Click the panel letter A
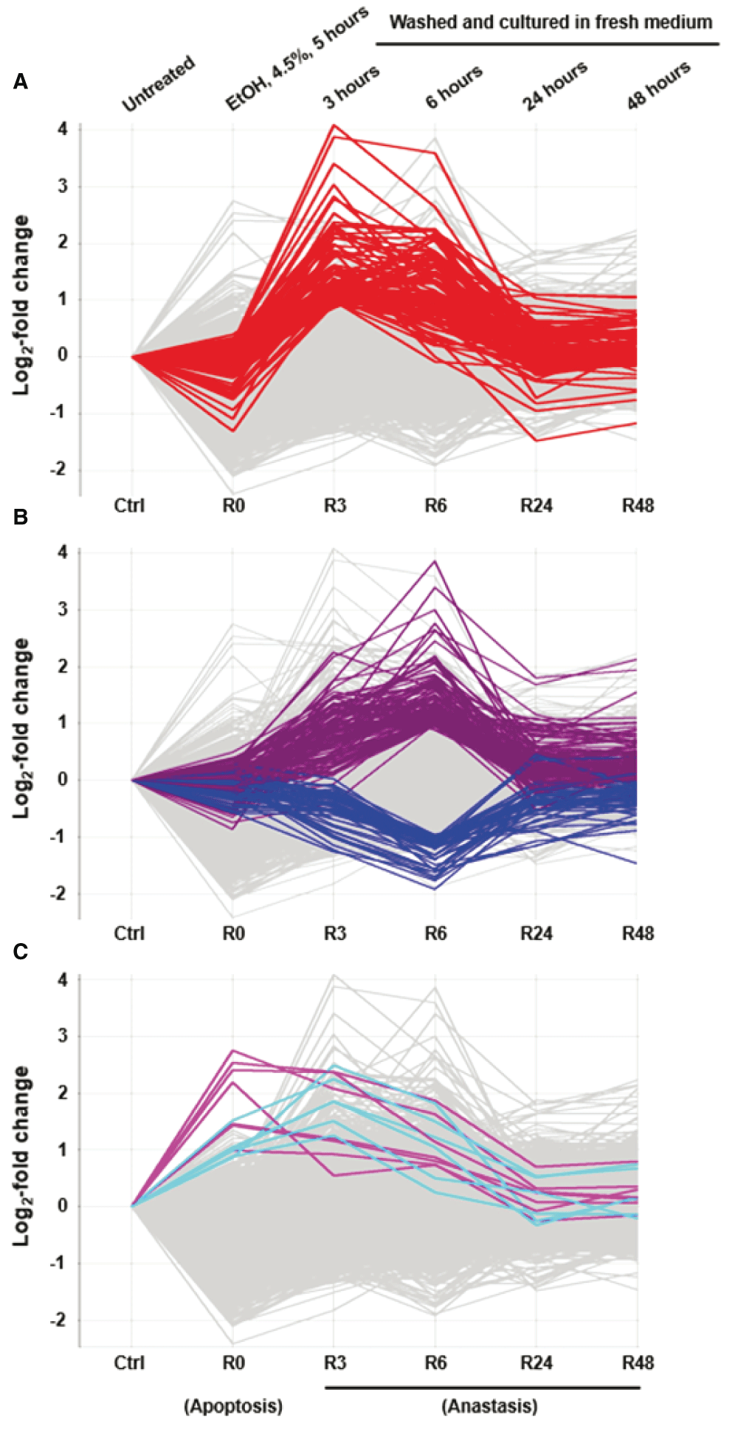pos(21,82)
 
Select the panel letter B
pos(21,517)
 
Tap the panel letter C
pos(21,952)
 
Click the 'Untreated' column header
pos(159,83)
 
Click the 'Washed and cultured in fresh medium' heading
pos(551,22)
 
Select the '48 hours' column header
pos(658,85)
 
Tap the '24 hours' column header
pos(555,86)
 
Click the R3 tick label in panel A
pos(334,506)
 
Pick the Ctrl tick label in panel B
pos(129,933)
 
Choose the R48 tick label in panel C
pos(638,1363)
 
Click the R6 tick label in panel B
pos(435,933)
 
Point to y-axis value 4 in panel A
pos(63,129)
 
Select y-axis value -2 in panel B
pos(58,894)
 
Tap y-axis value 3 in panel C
pos(63,1036)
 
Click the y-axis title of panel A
pos(22,305)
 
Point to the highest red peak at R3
pos(334,126)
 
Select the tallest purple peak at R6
pos(435,561)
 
